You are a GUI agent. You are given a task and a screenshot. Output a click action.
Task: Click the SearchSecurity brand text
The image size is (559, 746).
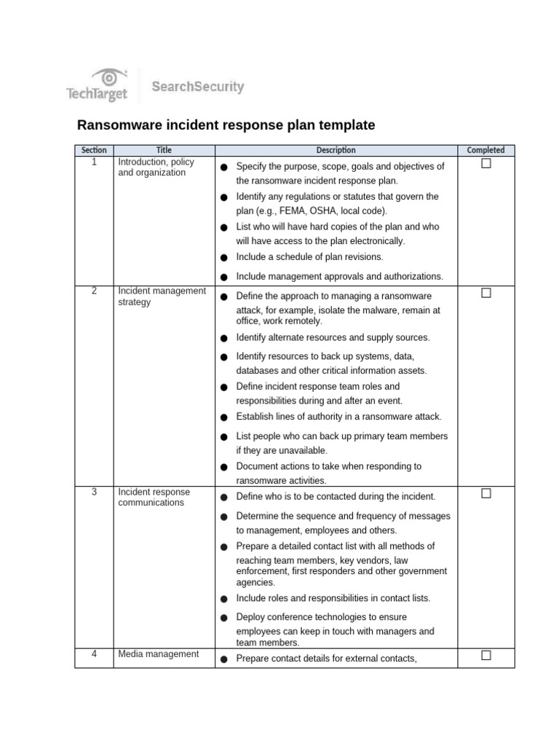(x=197, y=87)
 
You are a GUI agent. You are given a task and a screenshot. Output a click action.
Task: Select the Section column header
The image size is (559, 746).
(x=94, y=150)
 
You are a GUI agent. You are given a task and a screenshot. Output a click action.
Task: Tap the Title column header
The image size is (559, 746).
(x=164, y=150)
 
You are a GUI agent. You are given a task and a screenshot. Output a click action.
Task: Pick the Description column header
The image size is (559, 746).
(x=336, y=150)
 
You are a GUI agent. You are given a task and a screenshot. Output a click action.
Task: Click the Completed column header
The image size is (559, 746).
(x=485, y=150)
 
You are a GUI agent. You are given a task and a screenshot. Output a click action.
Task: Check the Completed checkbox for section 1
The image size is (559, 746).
(x=485, y=164)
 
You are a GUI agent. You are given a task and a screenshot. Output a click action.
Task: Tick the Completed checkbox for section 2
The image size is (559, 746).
(x=485, y=293)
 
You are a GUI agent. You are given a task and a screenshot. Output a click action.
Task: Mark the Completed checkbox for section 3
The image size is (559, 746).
(x=485, y=494)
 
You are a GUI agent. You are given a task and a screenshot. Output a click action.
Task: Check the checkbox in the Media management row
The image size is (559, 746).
(x=485, y=656)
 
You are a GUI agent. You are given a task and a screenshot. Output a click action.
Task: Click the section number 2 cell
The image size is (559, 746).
(x=94, y=291)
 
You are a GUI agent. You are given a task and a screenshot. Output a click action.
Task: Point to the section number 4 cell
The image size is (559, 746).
(x=94, y=654)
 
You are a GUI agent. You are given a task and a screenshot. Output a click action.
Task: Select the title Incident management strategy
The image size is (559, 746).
(x=162, y=297)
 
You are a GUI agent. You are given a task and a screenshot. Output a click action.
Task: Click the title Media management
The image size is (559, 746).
(x=158, y=654)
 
